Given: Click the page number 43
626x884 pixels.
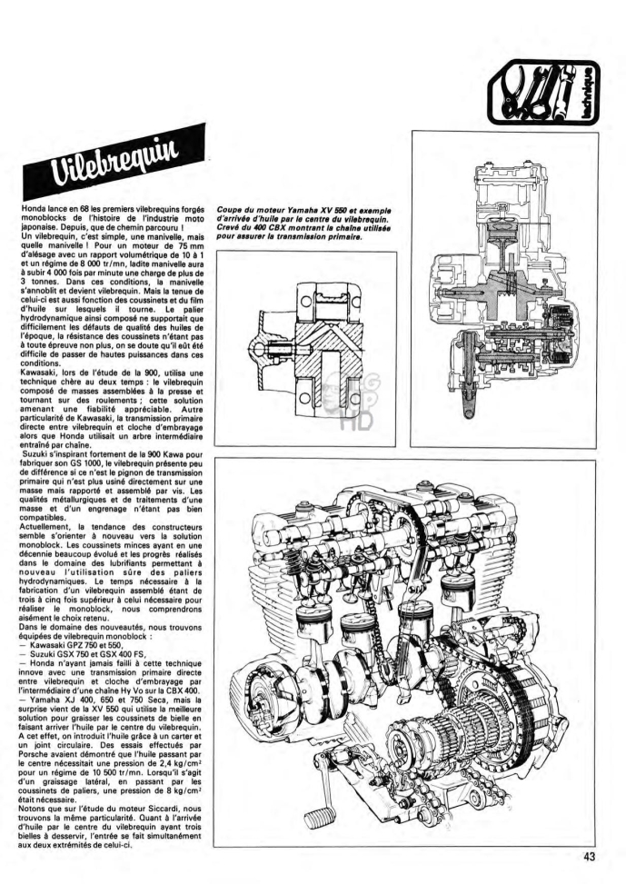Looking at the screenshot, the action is point(589,856).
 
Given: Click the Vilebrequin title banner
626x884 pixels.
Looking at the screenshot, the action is point(114,161).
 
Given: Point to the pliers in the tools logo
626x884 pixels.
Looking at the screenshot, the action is point(515,90).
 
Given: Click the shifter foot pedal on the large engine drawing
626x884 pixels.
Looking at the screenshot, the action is point(320,816).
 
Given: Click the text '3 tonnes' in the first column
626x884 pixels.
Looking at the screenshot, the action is point(35,280).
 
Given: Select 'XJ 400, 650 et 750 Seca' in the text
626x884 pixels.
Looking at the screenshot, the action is point(97,699).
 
